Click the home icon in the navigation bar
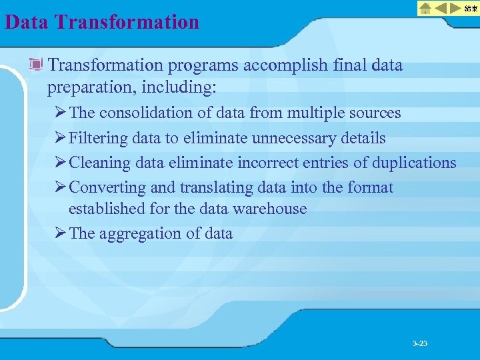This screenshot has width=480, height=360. (425, 8)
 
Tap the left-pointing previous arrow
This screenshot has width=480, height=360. (441, 8)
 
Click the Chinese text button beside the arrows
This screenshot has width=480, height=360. (471, 8)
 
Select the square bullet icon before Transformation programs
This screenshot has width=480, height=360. (37, 65)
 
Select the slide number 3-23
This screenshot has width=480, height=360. (420, 343)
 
